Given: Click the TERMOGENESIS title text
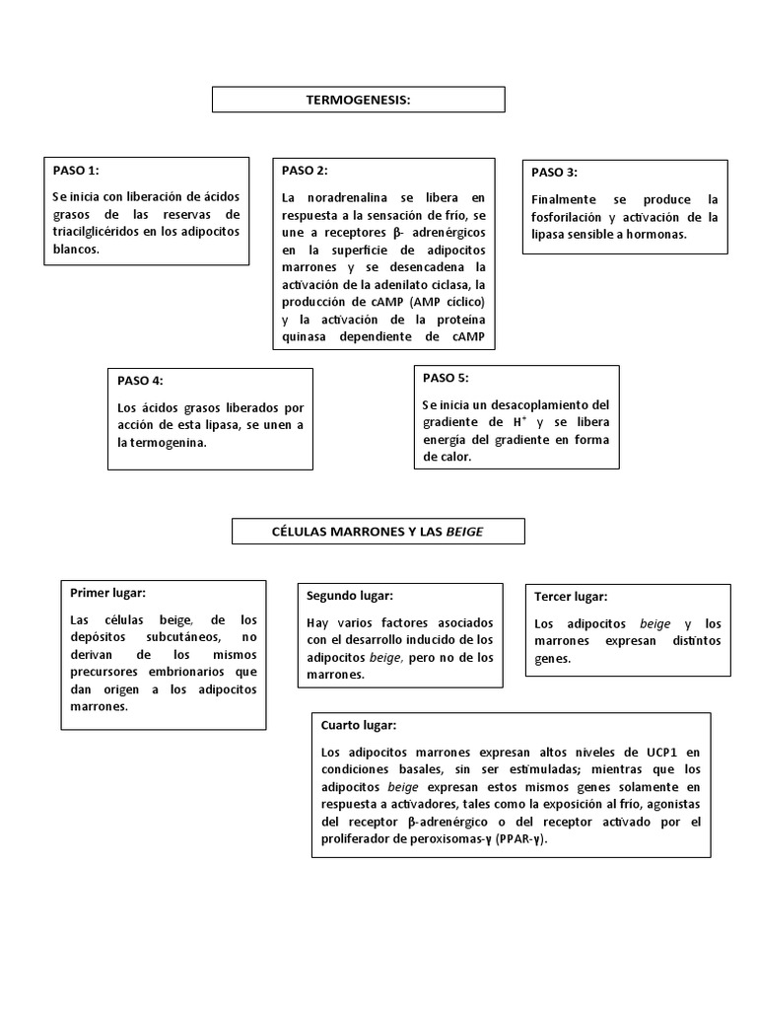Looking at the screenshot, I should coord(358,100).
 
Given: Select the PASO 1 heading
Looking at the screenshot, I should coord(76,170).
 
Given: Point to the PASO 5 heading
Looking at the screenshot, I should coord(446,378).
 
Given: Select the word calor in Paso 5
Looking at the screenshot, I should coord(447,458).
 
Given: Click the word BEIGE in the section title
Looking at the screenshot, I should coord(470,532).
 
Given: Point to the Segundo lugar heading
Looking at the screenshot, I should coord(349,596).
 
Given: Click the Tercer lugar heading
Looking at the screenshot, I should coord(570,597).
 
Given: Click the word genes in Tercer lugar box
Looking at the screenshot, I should coord(552,658).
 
